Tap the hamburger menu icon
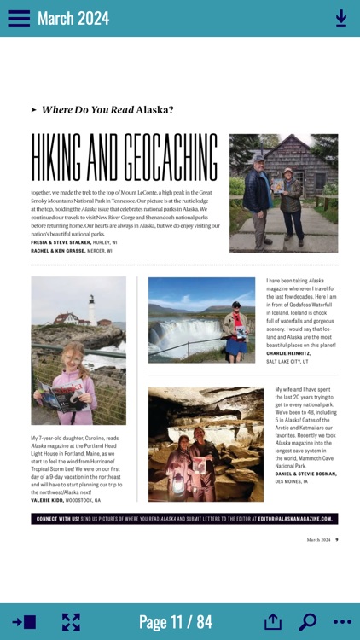(19, 18)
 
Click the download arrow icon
(341, 18)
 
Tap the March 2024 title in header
(73, 18)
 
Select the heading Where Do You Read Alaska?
(107, 109)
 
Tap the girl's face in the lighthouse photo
(67, 358)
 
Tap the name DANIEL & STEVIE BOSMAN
(305, 473)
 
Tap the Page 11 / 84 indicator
(175, 622)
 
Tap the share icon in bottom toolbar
(272, 622)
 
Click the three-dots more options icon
(342, 622)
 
